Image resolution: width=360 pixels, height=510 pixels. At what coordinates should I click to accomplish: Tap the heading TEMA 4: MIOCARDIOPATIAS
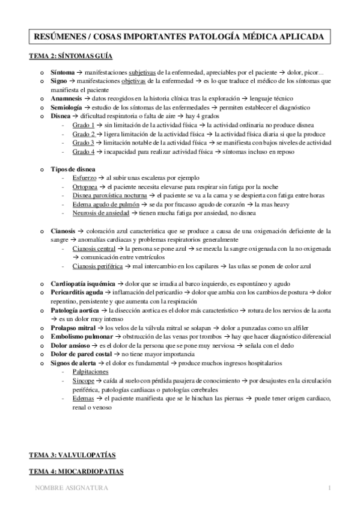point(76,472)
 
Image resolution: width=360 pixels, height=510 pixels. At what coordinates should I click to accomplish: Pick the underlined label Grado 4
point(83,152)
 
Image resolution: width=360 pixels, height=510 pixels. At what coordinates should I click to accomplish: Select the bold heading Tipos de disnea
point(73,170)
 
